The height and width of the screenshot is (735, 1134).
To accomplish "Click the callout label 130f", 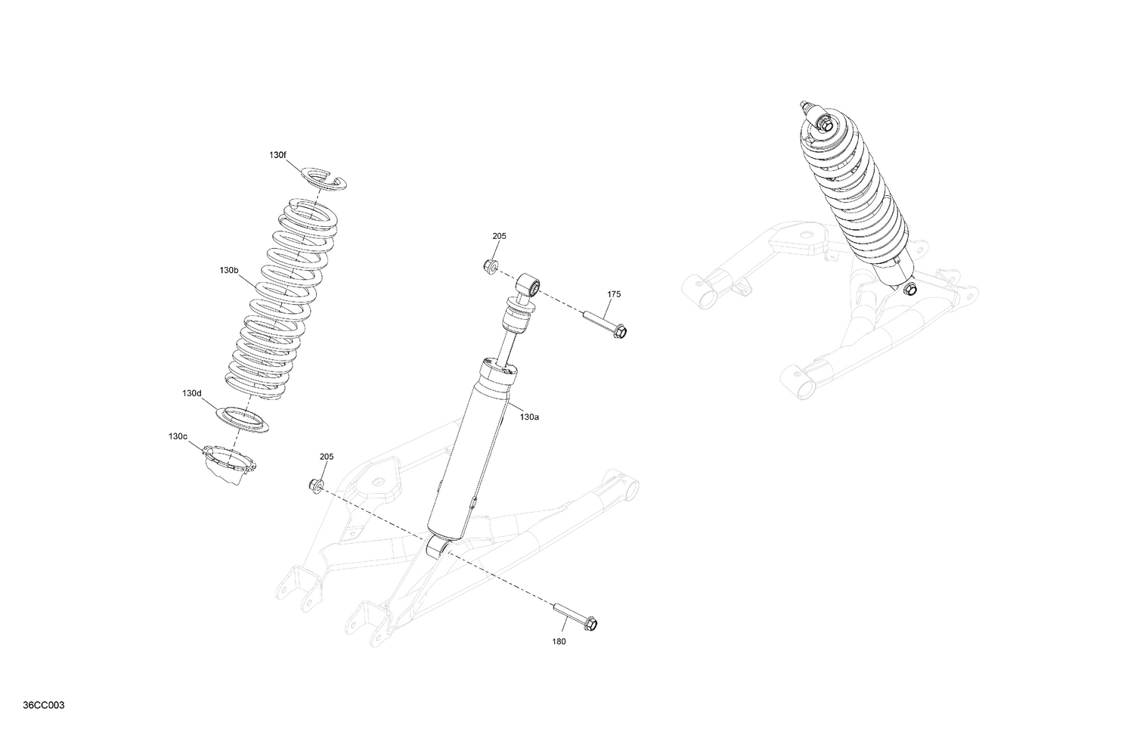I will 277,155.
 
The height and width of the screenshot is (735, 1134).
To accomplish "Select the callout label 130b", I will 229,270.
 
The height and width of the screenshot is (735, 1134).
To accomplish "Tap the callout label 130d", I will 192,393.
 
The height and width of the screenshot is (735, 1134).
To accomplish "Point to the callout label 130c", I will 178,436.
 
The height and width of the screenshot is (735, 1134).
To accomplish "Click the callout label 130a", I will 529,417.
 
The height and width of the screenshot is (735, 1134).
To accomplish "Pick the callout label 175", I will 614,294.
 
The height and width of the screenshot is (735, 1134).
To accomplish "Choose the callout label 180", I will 559,642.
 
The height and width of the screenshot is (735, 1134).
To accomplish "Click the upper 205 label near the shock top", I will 499,236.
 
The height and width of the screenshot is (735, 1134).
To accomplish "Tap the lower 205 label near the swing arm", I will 326,457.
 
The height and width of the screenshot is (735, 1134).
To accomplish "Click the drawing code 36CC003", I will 44,706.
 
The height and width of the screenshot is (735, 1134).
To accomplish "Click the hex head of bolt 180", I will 592,624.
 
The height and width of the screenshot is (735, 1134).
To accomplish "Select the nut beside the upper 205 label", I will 490,265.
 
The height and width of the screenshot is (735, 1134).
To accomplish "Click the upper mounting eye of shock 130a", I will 528,286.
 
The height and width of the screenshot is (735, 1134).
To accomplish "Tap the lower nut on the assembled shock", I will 910,289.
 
